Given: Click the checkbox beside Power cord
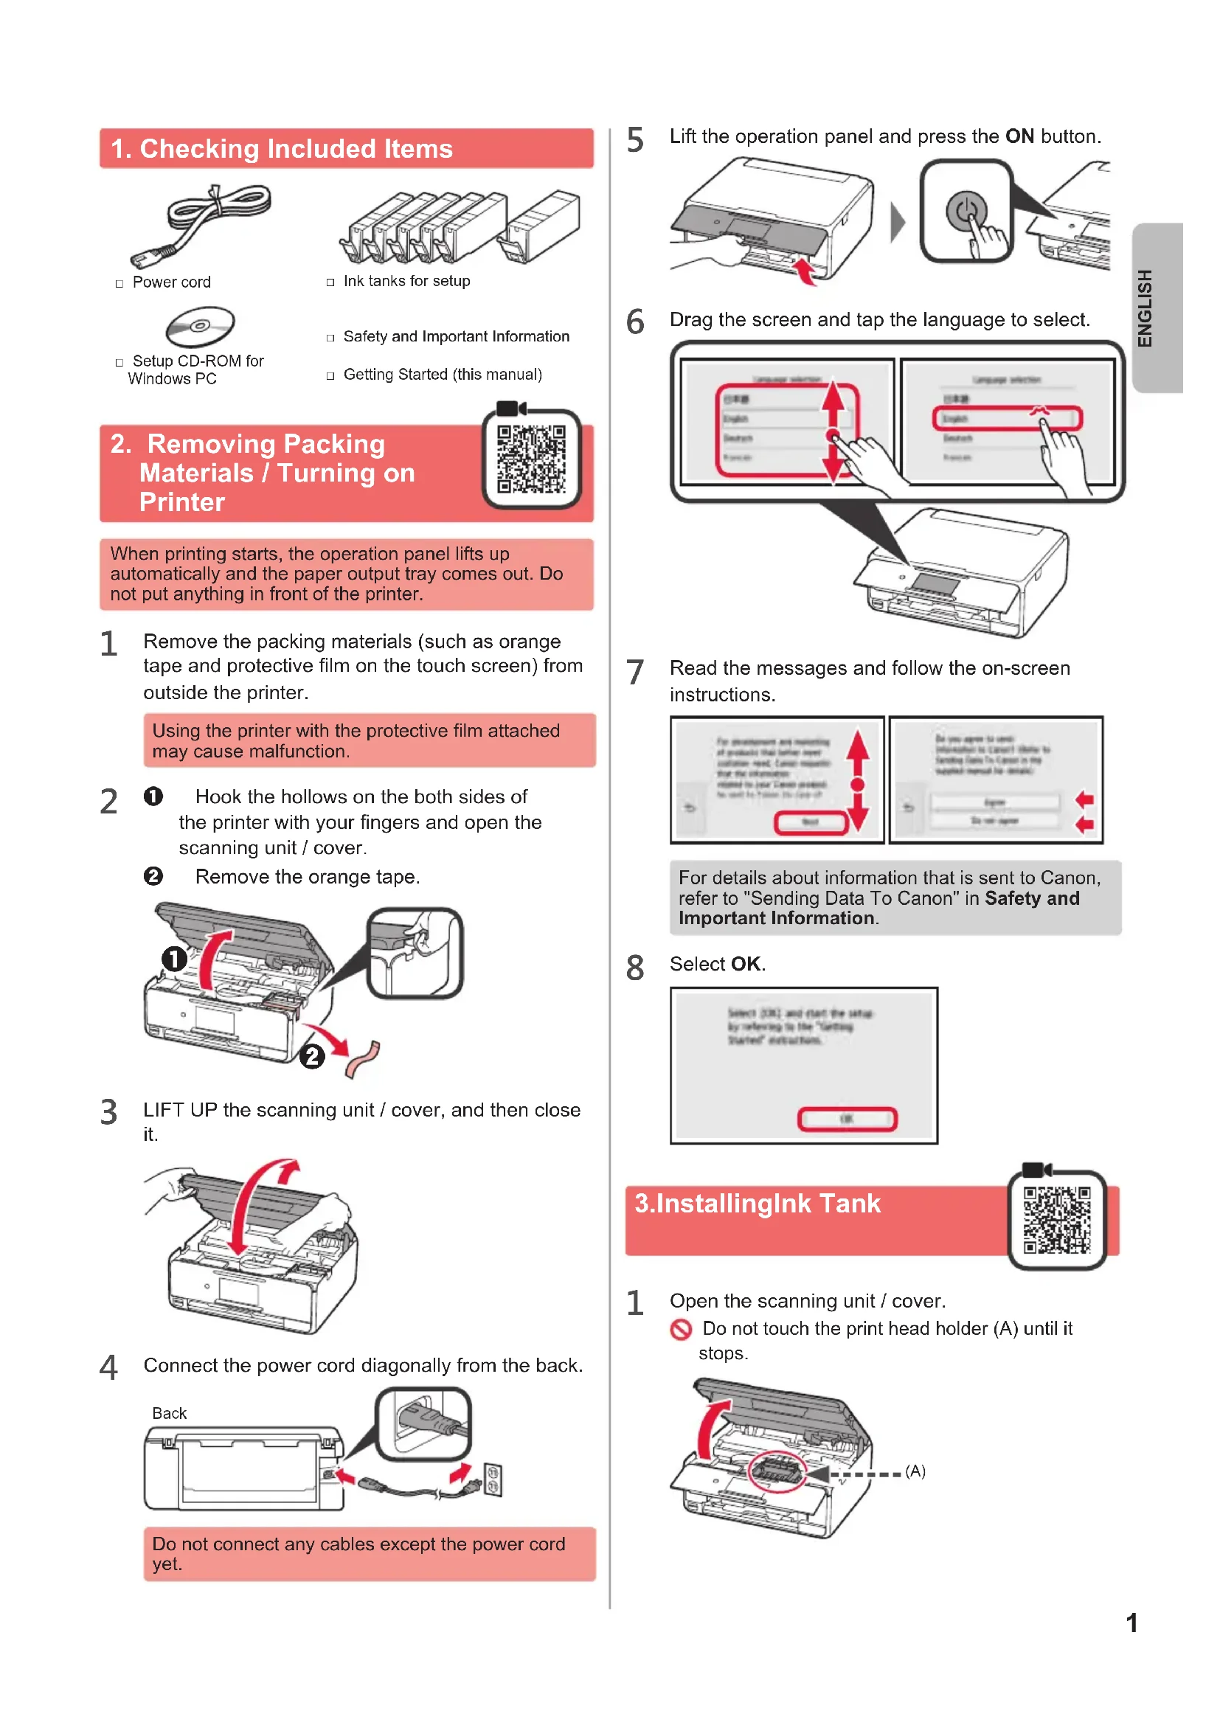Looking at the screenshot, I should (x=119, y=283).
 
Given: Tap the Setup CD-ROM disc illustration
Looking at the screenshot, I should (x=200, y=326).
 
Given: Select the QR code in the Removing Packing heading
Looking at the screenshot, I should (x=531, y=458).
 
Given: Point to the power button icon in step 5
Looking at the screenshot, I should (x=966, y=210).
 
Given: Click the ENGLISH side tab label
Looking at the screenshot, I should (x=1144, y=308).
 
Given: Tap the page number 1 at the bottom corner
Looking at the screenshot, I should (x=1131, y=1622).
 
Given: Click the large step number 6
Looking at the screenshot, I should (x=635, y=322).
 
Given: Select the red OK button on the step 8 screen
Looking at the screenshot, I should (x=847, y=1119).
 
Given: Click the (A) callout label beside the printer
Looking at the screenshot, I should (x=915, y=1471).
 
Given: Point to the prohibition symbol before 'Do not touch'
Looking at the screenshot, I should (x=681, y=1330).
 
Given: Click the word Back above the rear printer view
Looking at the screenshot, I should (x=169, y=1413).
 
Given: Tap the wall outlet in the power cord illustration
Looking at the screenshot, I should (x=493, y=1479).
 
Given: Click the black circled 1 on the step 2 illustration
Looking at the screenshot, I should (x=174, y=959).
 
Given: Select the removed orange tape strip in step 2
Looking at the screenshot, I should (x=364, y=1059).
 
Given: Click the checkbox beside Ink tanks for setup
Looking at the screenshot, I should (x=330, y=282).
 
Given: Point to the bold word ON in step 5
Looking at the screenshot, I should (x=1019, y=136).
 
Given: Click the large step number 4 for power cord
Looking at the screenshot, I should (x=109, y=1367).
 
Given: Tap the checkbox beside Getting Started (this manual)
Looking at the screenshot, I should (x=330, y=375).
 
